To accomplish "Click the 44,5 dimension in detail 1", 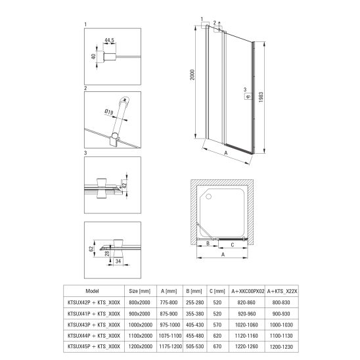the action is (109, 40).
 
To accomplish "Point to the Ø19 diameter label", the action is (109, 112).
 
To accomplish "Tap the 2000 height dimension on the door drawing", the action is (192, 75).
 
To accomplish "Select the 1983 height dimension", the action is (261, 97).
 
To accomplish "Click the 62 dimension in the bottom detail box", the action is (91, 248).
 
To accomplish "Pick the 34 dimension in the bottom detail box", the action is (118, 261).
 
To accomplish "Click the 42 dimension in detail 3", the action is (124, 185).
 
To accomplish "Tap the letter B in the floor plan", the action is (208, 243).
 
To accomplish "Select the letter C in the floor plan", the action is (233, 245).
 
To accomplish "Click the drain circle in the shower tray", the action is (209, 196).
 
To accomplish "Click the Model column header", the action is (92, 291).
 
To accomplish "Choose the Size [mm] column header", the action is (139, 292).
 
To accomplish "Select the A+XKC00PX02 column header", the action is (248, 292).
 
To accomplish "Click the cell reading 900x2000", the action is (139, 313).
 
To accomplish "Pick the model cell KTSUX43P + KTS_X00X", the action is (94, 325).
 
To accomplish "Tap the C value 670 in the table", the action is (217, 346).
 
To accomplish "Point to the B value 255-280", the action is (195, 303).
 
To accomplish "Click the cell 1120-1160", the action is (246, 336).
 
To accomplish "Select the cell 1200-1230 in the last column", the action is (281, 347).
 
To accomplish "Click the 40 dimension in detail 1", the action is (94, 56).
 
